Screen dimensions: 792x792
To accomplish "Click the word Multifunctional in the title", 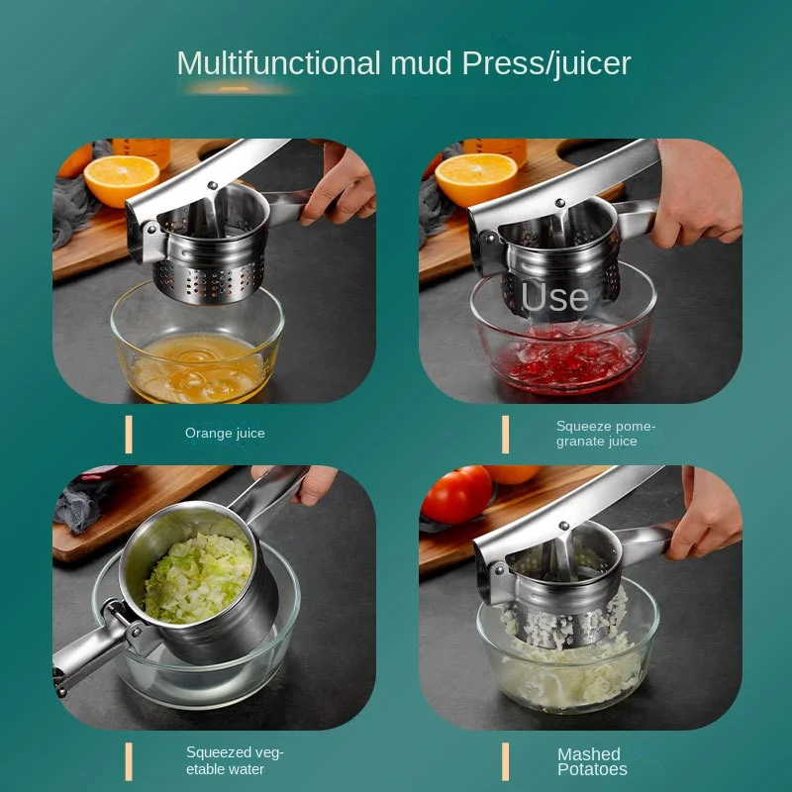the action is pos(278,63).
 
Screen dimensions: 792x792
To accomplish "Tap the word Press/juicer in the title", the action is pos(546,64).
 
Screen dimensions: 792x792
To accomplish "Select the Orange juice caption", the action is pos(225,434).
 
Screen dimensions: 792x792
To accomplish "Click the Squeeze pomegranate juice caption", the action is pos(606,434).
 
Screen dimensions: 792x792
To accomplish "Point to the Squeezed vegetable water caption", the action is pos(235,760).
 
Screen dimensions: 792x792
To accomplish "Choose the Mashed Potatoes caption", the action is pos(592,761).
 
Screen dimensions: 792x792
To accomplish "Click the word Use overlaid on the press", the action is pos(554,297).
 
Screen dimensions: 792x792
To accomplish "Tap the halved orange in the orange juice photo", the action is pos(121,179).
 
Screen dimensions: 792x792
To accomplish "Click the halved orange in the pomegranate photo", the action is pos(476,178).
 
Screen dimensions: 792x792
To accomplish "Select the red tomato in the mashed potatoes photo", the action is pos(456,494).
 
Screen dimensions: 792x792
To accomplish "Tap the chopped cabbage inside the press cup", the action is pos(198,578).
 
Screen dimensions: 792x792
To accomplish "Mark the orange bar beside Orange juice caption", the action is pos(129,435).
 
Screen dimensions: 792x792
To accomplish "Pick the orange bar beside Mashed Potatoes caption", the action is pos(505,761).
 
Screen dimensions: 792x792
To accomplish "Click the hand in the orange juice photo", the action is pos(340,183).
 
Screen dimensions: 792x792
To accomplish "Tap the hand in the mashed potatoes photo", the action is pos(706,514).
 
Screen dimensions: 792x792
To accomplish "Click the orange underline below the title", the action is pos(235,89).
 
